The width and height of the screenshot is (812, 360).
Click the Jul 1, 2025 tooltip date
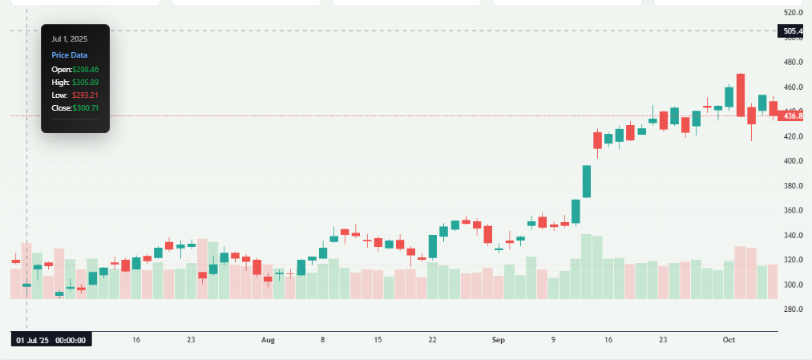tap(70, 38)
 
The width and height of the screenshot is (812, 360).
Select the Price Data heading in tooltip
tap(70, 55)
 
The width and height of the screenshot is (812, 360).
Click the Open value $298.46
tap(85, 70)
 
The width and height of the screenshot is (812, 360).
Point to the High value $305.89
tap(85, 83)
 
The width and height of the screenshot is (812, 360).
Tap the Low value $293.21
tap(85, 95)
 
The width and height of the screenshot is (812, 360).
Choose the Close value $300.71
tap(85, 108)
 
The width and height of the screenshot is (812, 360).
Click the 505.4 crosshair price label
tap(793, 32)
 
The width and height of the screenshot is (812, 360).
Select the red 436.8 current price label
tap(793, 116)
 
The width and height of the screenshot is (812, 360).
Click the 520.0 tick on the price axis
tap(793, 13)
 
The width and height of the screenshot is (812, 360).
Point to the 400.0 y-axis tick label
tap(793, 161)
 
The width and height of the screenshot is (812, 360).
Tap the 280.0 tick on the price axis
tap(793, 309)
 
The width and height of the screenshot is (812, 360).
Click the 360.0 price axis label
tap(793, 211)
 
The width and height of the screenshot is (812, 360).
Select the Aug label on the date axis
tap(268, 340)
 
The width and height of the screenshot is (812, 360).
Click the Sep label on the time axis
tap(499, 340)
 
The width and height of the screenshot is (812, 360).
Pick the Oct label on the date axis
tap(729, 340)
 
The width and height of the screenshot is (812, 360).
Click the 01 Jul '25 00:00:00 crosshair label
tap(51, 340)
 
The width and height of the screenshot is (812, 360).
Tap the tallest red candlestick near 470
tap(741, 98)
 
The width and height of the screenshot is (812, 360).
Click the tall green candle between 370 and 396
tap(587, 181)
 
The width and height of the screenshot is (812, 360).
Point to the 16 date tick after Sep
tap(609, 340)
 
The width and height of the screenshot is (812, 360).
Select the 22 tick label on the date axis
tap(433, 340)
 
